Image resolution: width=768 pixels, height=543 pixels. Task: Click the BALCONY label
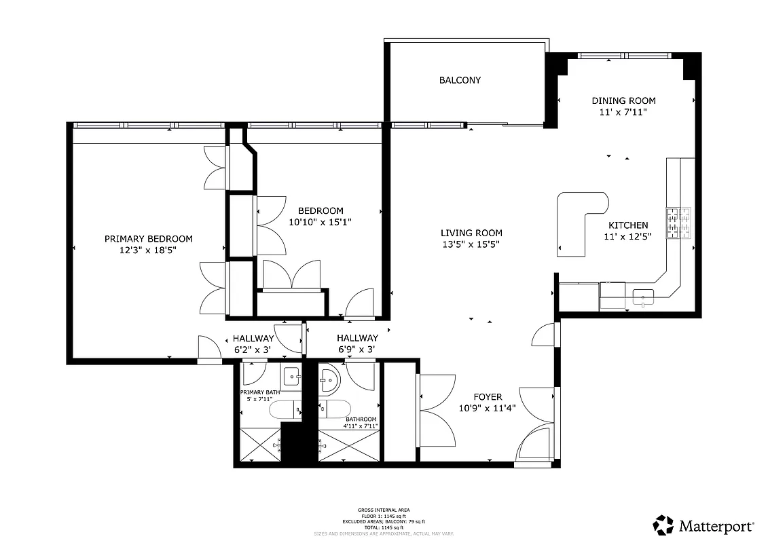pyautogui.click(x=460, y=80)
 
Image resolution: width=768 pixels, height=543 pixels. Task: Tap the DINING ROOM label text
pyautogui.click(x=623, y=100)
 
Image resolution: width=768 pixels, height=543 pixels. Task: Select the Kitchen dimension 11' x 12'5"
pyautogui.click(x=627, y=237)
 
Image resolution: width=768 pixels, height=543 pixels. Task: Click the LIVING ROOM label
pyautogui.click(x=471, y=233)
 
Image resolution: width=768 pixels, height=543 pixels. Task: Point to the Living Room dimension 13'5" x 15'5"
pyautogui.click(x=471, y=244)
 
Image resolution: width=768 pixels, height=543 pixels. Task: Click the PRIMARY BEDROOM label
pyautogui.click(x=148, y=239)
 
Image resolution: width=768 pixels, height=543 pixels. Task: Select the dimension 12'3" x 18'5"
pyautogui.click(x=148, y=250)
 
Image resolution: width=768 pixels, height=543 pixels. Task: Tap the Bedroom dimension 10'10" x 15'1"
pyautogui.click(x=320, y=222)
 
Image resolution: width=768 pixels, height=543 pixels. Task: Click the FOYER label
pyautogui.click(x=488, y=397)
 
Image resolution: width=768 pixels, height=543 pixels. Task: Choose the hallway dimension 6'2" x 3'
pyautogui.click(x=253, y=350)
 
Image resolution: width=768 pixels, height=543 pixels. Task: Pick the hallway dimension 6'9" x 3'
pyautogui.click(x=357, y=350)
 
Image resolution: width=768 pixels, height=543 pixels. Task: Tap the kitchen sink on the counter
pyautogui.click(x=642, y=296)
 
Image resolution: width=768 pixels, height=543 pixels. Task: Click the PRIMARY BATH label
pyautogui.click(x=259, y=392)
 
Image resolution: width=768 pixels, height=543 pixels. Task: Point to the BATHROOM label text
pyautogui.click(x=361, y=419)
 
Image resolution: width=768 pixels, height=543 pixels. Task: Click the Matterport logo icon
pyautogui.click(x=663, y=525)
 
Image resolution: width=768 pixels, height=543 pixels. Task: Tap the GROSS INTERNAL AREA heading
pyautogui.click(x=384, y=510)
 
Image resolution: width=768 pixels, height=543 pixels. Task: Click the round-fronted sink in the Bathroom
pyautogui.click(x=329, y=379)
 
